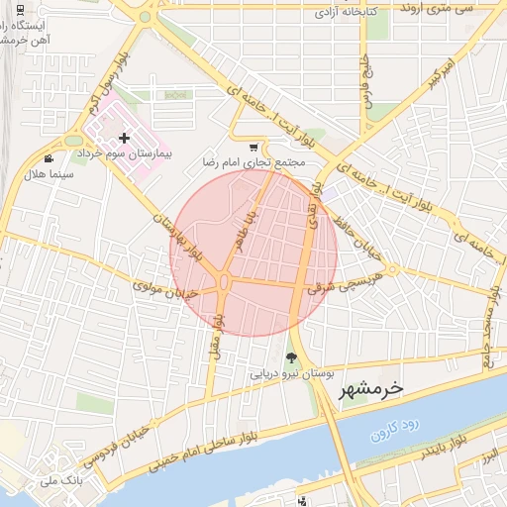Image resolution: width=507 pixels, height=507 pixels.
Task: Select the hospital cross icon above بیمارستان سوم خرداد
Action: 123,139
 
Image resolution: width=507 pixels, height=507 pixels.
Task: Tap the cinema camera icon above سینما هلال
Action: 49,159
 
